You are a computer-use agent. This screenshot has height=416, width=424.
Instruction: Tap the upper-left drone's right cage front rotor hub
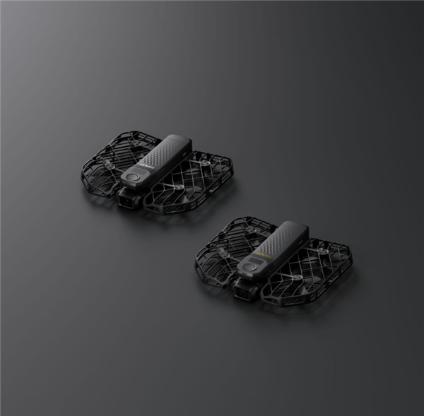click(178, 187)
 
